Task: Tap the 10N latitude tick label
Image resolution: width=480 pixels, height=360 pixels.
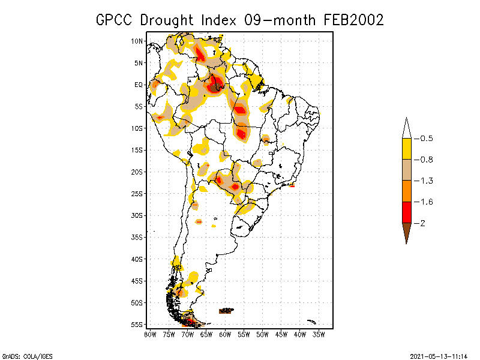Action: point(137,41)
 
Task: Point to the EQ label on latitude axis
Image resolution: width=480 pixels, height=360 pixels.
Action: point(138,85)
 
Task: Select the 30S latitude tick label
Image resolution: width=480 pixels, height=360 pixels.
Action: point(137,215)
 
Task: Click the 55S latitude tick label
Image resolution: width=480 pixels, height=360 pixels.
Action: point(137,324)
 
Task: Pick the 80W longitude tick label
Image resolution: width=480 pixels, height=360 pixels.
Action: point(150,334)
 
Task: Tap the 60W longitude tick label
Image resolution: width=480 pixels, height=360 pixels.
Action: point(225,334)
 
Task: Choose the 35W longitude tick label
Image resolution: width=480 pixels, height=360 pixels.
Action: point(319,334)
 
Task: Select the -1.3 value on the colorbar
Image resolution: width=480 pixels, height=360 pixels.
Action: point(426,181)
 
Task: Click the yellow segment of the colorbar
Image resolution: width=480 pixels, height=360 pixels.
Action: point(407,149)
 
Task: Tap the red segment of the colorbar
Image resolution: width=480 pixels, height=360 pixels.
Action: point(407,212)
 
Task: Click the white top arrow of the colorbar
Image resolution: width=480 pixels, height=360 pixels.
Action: point(407,129)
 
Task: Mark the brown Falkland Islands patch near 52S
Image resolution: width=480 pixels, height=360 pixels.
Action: point(226,311)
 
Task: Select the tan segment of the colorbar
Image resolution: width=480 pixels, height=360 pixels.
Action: point(407,170)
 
